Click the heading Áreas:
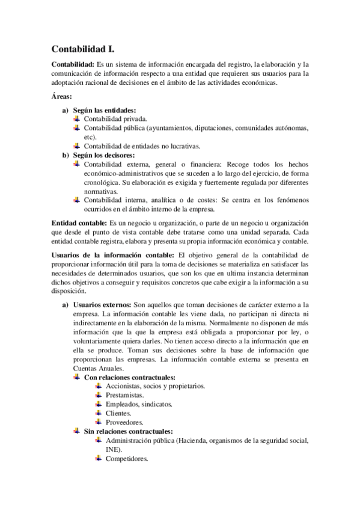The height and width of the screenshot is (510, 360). (x=62, y=96)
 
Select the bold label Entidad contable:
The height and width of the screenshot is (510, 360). (x=78, y=223)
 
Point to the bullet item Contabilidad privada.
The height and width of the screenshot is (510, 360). (x=114, y=119)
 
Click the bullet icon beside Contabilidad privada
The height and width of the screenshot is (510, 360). (x=76, y=118)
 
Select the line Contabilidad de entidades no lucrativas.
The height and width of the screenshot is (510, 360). (x=142, y=146)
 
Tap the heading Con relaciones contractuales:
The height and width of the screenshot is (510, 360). (x=129, y=377)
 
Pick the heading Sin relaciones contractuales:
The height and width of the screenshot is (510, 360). (x=128, y=431)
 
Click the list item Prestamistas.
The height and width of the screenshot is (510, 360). (x=124, y=395)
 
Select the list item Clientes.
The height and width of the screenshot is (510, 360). (x=118, y=413)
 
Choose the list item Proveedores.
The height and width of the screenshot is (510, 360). (x=124, y=422)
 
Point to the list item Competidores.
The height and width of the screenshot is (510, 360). (x=126, y=458)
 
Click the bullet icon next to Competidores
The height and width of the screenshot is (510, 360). (x=98, y=458)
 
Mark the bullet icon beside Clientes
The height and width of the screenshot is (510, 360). (x=98, y=413)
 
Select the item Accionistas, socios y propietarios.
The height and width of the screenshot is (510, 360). (x=155, y=386)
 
